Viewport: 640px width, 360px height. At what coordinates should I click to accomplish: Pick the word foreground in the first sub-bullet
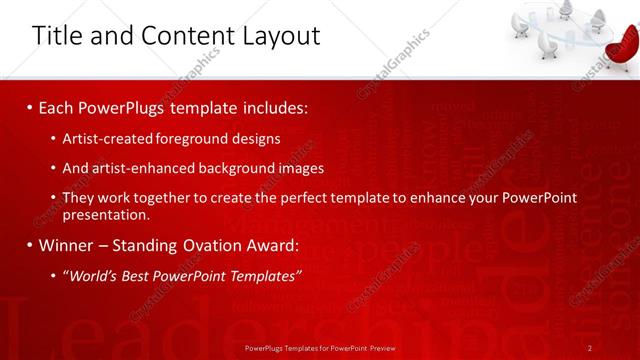193,139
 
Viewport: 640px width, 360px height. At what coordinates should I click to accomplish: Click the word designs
255,139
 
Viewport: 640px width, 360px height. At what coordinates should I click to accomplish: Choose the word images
298,168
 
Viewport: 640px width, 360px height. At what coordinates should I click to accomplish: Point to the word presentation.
106,214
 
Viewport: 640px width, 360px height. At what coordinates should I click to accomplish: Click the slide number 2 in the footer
590,347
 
